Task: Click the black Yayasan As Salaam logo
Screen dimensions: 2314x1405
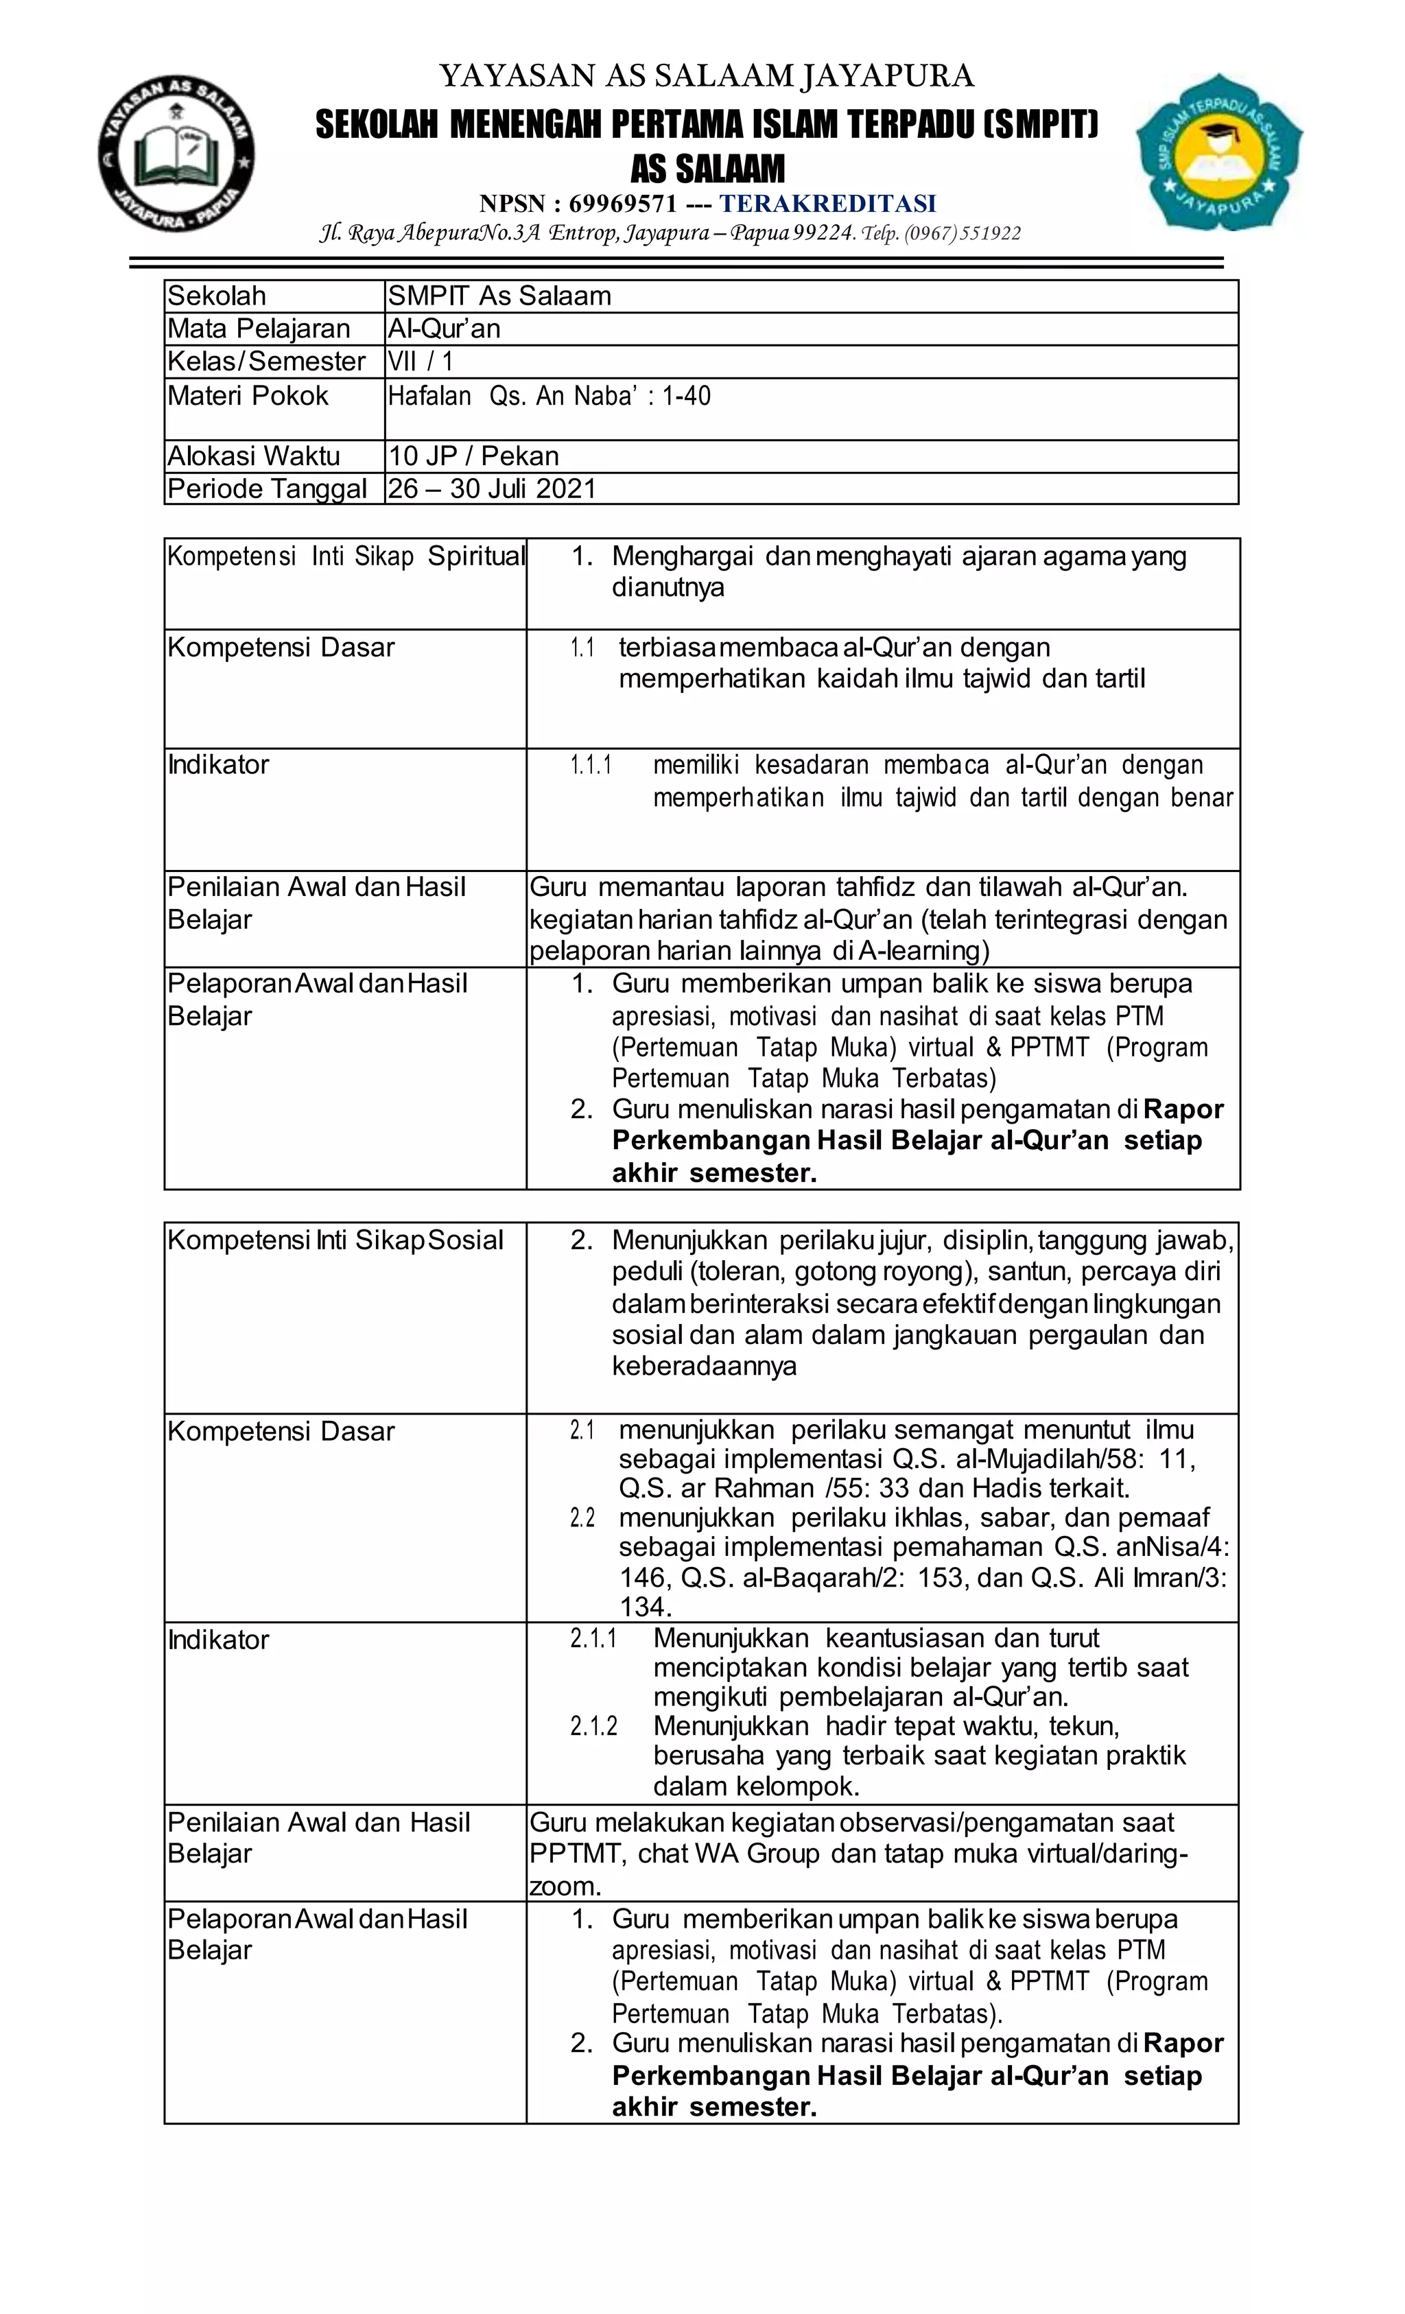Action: coord(176,154)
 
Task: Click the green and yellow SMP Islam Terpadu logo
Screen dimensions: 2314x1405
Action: coord(1219,152)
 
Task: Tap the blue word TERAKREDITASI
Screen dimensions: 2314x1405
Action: coord(827,204)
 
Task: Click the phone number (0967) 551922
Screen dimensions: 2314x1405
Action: coord(962,233)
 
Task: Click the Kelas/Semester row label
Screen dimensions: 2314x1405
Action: coord(265,362)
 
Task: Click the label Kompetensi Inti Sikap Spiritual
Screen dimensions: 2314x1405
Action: coord(344,557)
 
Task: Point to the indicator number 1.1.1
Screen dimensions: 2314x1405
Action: coord(591,766)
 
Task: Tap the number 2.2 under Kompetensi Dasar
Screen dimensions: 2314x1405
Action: coord(582,1519)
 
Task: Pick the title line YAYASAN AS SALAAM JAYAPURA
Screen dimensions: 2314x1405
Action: coord(706,75)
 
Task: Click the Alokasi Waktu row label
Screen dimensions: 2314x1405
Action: coord(254,456)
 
